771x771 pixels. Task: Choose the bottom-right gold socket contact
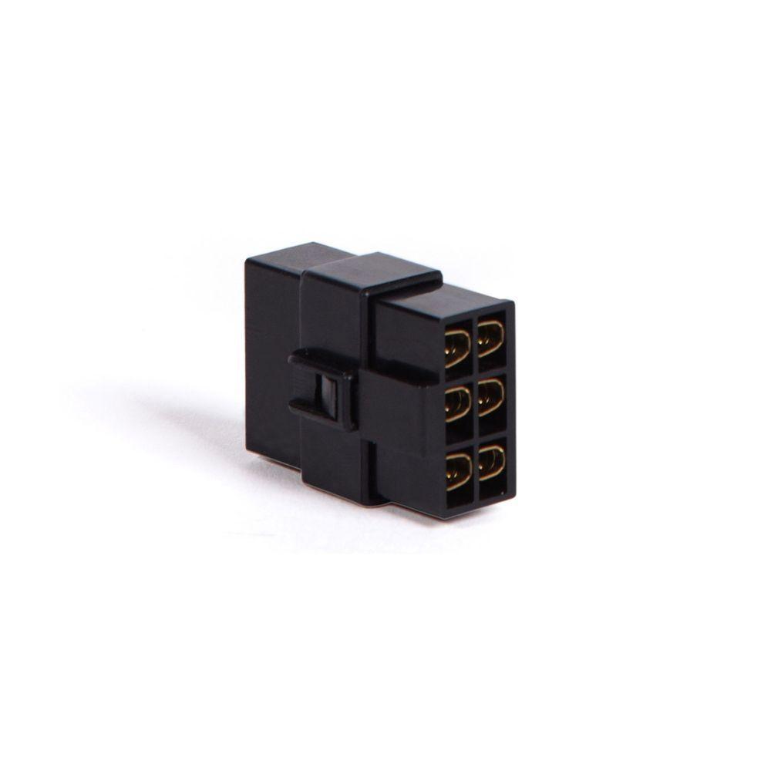point(491,462)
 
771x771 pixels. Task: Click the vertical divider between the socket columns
point(475,405)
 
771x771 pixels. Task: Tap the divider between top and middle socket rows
point(475,372)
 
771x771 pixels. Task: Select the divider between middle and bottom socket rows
point(476,436)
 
